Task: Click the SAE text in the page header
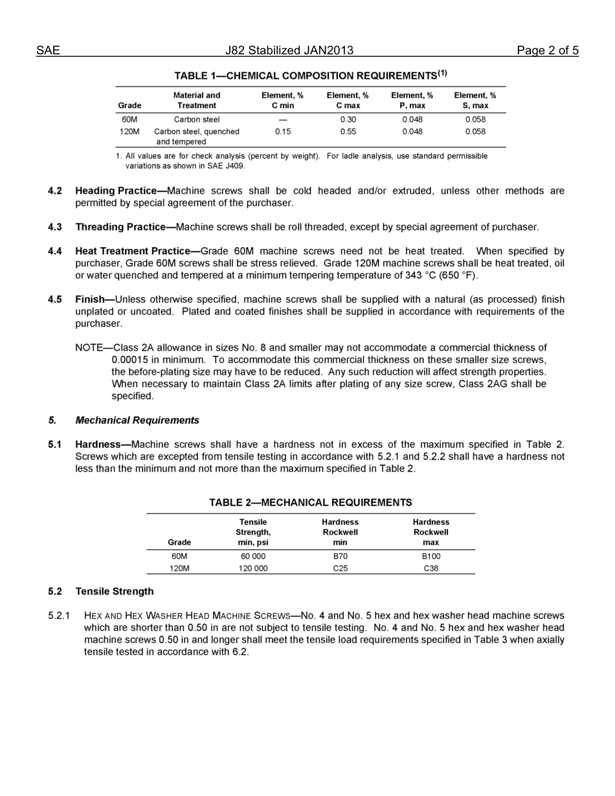coord(48,50)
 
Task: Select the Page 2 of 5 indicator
coord(547,50)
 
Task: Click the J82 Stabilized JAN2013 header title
coord(289,50)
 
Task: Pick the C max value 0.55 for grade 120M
coord(348,131)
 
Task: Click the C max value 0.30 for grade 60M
coord(348,119)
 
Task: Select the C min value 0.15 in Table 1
coord(282,131)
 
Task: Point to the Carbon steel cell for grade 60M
coord(197,119)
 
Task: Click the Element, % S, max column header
coord(475,100)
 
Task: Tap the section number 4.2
coord(55,191)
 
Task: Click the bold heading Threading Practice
coord(125,227)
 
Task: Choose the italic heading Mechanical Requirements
coord(137,420)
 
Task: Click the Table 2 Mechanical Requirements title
coord(310,502)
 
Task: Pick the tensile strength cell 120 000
coord(253,568)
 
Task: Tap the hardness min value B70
coord(341,556)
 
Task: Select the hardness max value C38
coord(430,568)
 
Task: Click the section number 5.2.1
coord(59,615)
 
